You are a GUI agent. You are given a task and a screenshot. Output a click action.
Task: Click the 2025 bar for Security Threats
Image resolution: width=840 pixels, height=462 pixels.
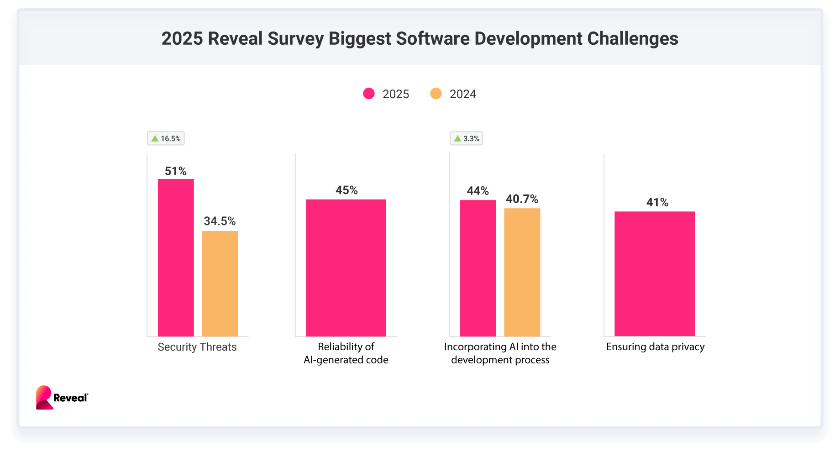(176, 257)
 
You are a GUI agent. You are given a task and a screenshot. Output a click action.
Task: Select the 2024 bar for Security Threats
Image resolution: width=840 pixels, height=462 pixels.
(220, 283)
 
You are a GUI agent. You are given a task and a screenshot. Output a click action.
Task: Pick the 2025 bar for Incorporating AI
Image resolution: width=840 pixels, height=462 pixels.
(478, 268)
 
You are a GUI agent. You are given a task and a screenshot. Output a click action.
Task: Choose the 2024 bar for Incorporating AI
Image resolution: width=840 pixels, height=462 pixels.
(522, 272)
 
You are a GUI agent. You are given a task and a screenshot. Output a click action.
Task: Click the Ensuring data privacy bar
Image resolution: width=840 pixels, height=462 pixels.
(655, 273)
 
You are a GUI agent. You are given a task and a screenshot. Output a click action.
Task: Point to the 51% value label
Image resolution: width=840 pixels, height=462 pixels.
(176, 171)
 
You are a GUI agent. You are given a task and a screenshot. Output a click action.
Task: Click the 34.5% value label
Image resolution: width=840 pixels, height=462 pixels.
(220, 221)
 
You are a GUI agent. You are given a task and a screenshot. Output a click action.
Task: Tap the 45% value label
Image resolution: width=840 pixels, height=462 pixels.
(346, 190)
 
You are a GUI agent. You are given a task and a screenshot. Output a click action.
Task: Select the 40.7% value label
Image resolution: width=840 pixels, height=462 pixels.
(522, 199)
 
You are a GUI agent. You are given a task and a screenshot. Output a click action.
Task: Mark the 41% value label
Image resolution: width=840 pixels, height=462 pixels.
(657, 203)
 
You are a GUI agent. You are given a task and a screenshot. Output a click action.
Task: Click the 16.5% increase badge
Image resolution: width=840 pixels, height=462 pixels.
(166, 138)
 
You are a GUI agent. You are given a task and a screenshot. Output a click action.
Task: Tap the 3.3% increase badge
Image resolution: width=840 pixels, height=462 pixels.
(466, 138)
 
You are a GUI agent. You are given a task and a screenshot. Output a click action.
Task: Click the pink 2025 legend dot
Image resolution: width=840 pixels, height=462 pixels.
(369, 94)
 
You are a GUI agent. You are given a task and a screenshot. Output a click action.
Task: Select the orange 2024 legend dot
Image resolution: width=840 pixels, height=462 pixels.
(436, 94)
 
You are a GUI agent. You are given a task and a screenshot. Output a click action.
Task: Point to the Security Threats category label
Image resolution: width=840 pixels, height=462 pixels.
(197, 347)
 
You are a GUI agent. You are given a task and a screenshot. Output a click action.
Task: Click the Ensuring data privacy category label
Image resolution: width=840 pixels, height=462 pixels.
(655, 347)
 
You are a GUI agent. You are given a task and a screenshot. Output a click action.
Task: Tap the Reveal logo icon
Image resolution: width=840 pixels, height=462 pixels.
(44, 397)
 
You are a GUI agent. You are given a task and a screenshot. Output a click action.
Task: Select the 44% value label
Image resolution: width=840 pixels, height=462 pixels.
(478, 191)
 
